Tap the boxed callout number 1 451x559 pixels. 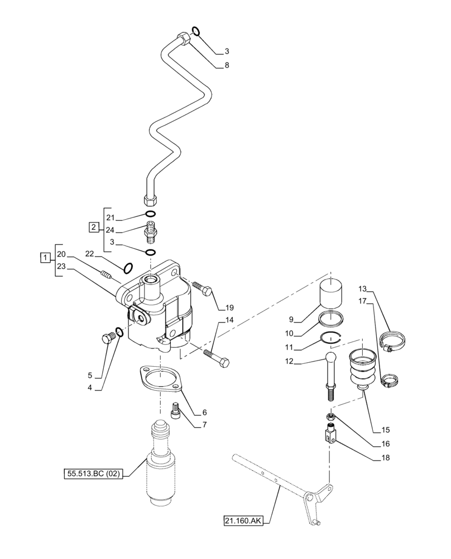tap(44, 257)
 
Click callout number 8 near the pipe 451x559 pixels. tap(227, 65)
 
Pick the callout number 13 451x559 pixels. tap(362, 289)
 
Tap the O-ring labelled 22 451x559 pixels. tap(127, 268)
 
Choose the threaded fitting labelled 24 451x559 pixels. tap(151, 231)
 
